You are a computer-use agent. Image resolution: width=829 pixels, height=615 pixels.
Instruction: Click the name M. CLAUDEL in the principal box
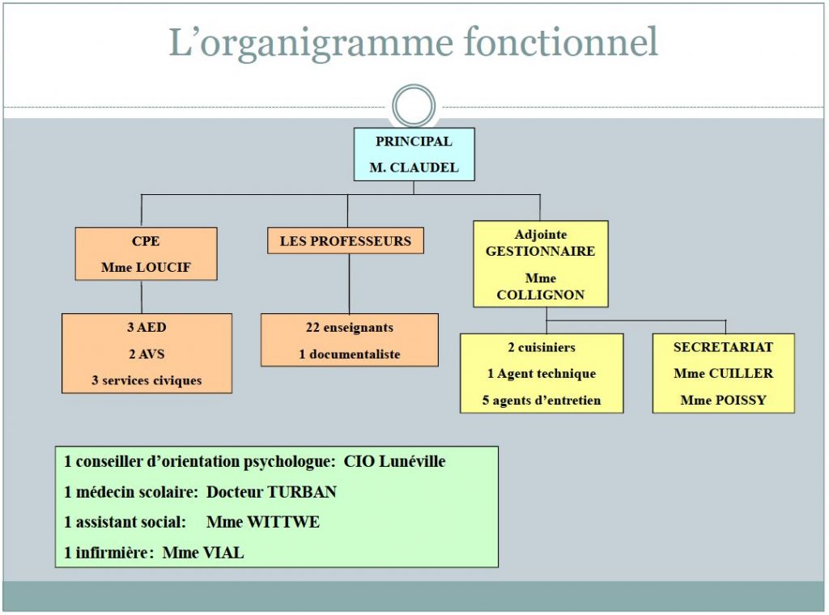414,168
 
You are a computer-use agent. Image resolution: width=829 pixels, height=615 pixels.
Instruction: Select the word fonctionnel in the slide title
561,41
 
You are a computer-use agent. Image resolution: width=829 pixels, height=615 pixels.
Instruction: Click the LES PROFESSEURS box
345,241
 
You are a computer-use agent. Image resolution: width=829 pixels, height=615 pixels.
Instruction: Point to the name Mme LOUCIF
146,267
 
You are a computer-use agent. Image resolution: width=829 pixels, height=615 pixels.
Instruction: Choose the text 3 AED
147,327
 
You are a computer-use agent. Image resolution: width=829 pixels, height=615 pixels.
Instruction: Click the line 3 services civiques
147,380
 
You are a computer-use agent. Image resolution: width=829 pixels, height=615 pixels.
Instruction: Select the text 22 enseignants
350,328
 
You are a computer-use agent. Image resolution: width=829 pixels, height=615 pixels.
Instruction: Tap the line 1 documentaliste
350,354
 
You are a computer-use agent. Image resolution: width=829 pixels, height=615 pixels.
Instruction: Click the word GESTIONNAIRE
540,251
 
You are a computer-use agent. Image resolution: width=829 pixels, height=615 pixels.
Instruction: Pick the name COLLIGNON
540,295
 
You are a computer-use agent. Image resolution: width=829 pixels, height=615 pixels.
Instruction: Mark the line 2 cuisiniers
542,347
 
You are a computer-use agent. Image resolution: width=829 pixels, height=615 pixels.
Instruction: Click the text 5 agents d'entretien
542,401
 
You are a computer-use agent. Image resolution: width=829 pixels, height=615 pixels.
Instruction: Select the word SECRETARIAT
723,347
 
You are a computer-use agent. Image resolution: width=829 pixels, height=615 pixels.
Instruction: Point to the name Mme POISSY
723,400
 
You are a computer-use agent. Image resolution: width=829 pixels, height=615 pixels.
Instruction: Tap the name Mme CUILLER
723,374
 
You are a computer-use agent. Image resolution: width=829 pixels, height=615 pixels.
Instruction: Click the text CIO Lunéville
394,461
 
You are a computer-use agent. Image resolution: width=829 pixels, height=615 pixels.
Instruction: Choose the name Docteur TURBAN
271,492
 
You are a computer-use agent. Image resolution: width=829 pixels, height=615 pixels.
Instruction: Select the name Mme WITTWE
263,522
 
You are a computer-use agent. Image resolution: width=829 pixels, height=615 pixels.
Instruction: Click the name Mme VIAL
203,553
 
